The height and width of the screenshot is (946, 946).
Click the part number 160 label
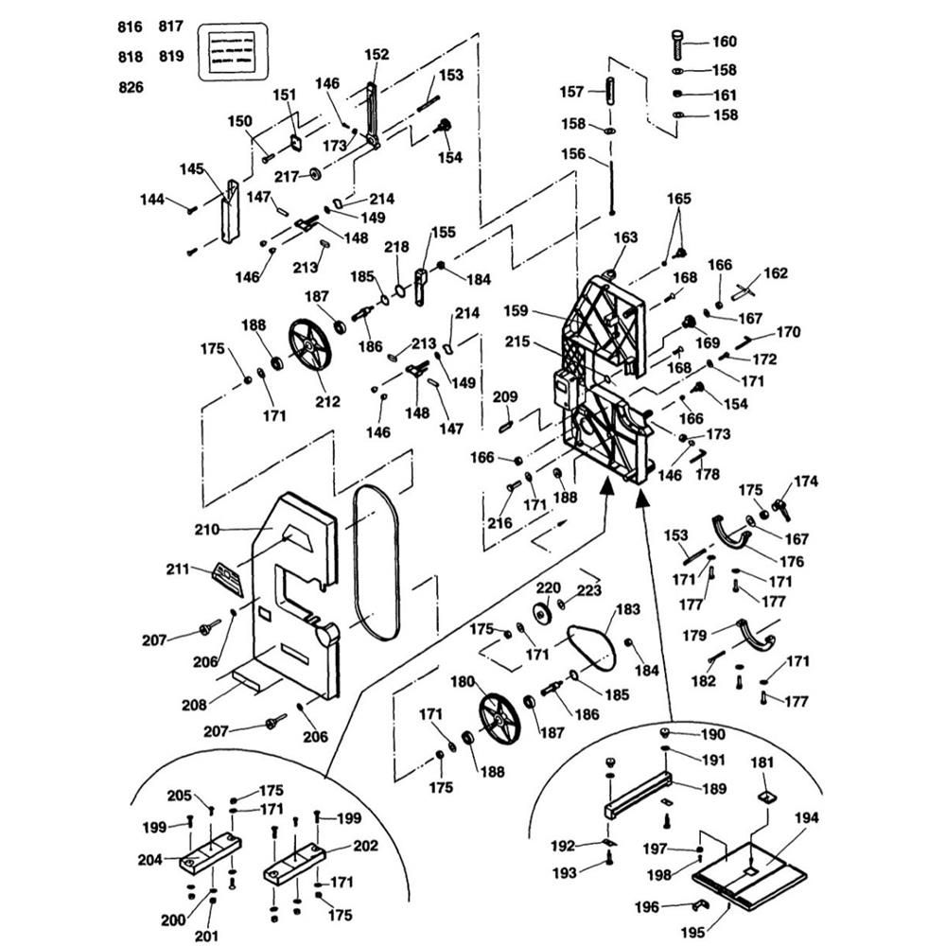pyautogui.click(x=724, y=42)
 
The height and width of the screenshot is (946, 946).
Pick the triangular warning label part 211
pyautogui.click(x=228, y=575)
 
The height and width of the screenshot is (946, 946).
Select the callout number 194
pyautogui.click(x=807, y=818)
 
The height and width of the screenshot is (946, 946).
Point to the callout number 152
pyautogui.click(x=376, y=55)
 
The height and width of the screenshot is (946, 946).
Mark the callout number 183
pyautogui.click(x=628, y=610)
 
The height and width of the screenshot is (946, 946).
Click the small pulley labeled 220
pyautogui.click(x=543, y=613)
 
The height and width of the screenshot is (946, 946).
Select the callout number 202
pyautogui.click(x=365, y=846)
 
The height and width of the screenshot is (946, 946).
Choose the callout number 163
pyautogui.click(x=626, y=238)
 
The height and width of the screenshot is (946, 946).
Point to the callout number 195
pyautogui.click(x=692, y=933)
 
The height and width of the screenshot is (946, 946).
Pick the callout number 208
pyautogui.click(x=206, y=704)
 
